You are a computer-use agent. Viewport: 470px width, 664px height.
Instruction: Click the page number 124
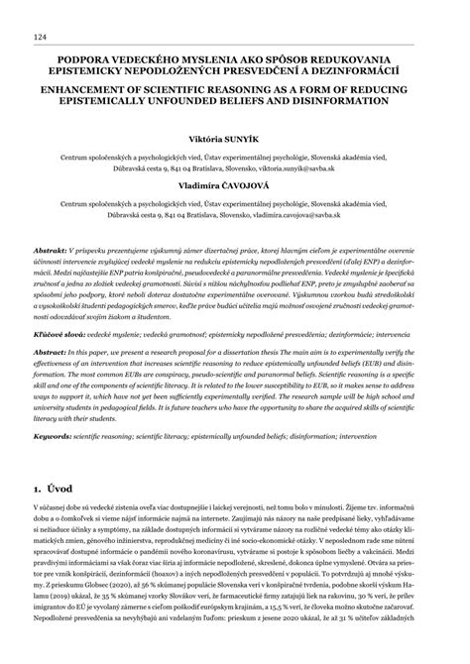[x=40, y=37]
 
